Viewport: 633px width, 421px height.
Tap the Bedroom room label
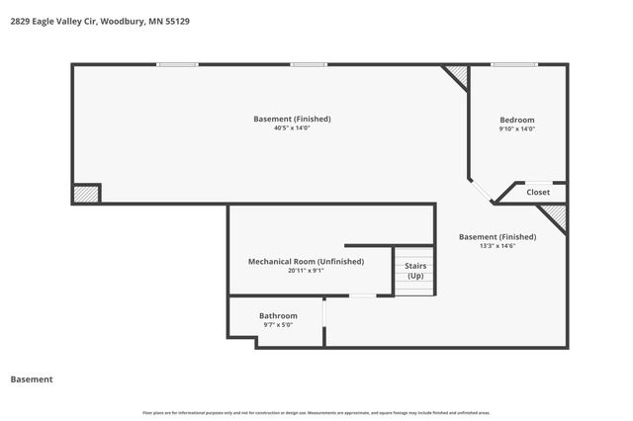click(x=516, y=120)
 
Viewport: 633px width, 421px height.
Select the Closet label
click(x=538, y=192)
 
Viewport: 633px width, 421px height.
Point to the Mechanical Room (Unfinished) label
click(x=306, y=261)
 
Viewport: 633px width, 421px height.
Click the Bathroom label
click(x=278, y=315)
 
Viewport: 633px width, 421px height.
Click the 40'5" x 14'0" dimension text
click(x=292, y=128)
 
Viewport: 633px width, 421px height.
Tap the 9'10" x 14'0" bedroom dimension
click(x=516, y=128)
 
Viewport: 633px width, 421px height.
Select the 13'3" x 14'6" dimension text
click(x=497, y=246)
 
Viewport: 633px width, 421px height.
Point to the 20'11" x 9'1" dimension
click(x=306, y=270)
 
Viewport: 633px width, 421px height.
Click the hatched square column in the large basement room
click(x=86, y=194)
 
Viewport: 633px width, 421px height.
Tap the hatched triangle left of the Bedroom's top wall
click(x=457, y=75)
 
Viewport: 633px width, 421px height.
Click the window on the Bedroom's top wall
click(x=515, y=65)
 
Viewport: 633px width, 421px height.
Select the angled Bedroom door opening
click(x=481, y=192)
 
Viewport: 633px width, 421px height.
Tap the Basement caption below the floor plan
click(x=31, y=379)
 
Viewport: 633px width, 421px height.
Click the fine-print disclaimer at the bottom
click(x=316, y=412)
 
